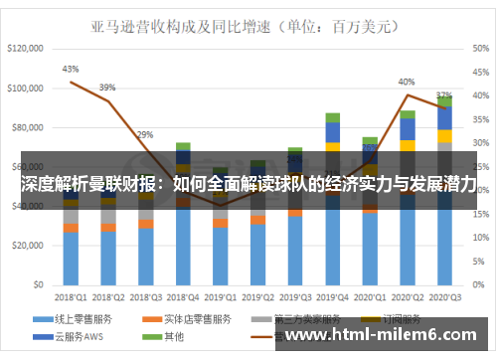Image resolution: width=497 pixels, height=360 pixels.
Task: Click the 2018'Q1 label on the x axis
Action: click(71, 296)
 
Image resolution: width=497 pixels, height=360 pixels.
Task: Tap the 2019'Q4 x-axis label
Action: click(333, 296)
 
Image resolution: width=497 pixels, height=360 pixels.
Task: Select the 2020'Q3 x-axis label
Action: click(443, 296)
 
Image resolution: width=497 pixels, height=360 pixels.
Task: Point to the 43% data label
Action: click(71, 70)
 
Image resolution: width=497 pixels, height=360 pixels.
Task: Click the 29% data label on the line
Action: click(145, 134)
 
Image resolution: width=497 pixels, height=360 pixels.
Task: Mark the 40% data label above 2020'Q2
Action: click(407, 82)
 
